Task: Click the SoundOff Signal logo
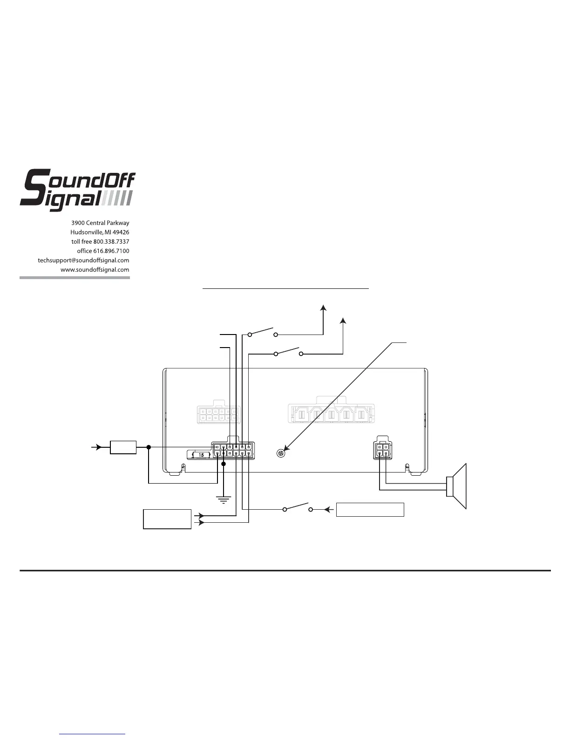click(x=77, y=191)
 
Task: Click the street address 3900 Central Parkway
click(x=100, y=223)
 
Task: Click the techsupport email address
click(x=83, y=260)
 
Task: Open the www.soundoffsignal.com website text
click(x=95, y=270)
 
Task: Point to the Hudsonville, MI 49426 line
click(x=100, y=232)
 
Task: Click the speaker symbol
click(x=457, y=486)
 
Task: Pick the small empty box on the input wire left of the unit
click(x=123, y=447)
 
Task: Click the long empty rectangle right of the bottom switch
click(x=370, y=510)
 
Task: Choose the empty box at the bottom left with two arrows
click(x=167, y=519)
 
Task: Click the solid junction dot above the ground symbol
click(x=224, y=464)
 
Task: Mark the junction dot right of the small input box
click(x=149, y=447)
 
